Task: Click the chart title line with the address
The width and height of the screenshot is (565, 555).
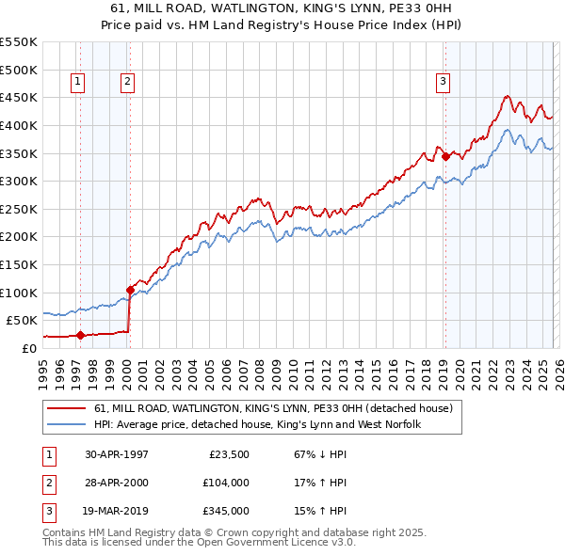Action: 282,8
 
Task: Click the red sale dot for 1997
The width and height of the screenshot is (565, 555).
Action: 81,334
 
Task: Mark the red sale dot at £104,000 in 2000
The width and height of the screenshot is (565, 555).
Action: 130,290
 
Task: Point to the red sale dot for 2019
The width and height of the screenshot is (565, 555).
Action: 444,157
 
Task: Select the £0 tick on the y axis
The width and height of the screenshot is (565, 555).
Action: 28,348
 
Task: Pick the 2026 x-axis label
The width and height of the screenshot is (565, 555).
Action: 557,372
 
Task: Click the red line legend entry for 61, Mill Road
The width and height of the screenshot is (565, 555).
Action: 273,409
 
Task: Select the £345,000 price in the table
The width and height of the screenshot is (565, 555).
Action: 224,511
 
